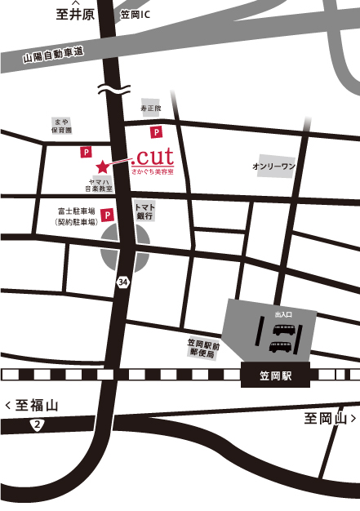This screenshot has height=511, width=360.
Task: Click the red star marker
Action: (x=103, y=167)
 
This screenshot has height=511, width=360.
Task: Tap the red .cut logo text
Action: (x=152, y=156)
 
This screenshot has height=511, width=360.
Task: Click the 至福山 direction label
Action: (x=32, y=404)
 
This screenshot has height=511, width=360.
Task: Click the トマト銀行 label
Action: (x=144, y=211)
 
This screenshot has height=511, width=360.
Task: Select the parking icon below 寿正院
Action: (x=154, y=131)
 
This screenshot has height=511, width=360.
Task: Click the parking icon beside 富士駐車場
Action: (x=109, y=214)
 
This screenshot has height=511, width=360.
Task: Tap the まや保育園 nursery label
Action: (x=59, y=125)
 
